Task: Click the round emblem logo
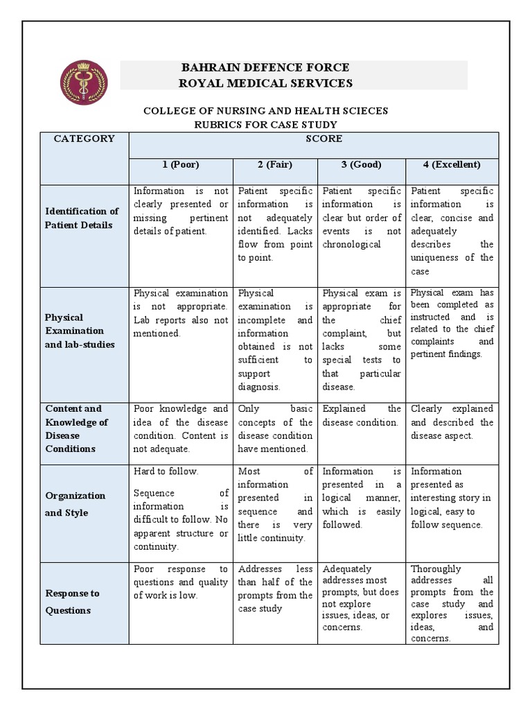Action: pyautogui.click(x=82, y=83)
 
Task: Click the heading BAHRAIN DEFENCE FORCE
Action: pyautogui.click(x=265, y=68)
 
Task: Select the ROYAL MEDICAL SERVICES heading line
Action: pyautogui.click(x=265, y=84)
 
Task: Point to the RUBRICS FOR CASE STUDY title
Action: pyautogui.click(x=265, y=125)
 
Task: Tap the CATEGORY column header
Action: pyautogui.click(x=85, y=139)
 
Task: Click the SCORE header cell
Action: pyautogui.click(x=323, y=139)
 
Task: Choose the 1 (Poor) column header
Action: pyautogui.click(x=181, y=165)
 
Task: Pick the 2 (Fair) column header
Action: pyautogui.click(x=275, y=165)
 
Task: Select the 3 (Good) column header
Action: pyautogui.click(x=362, y=165)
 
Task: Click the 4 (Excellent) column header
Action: pyautogui.click(x=452, y=165)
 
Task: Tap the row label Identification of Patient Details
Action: pyautogui.click(x=82, y=218)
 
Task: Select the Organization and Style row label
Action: pyautogui.click(x=76, y=504)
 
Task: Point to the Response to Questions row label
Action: pyautogui.click(x=72, y=602)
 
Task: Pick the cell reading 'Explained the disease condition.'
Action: pyautogui.click(x=362, y=415)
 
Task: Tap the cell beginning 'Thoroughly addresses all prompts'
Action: pyautogui.click(x=452, y=603)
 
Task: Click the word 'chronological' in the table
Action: pyautogui.click(x=352, y=245)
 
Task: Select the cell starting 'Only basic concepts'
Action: pyautogui.click(x=275, y=428)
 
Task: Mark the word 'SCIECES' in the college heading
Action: pyautogui.click(x=363, y=111)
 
